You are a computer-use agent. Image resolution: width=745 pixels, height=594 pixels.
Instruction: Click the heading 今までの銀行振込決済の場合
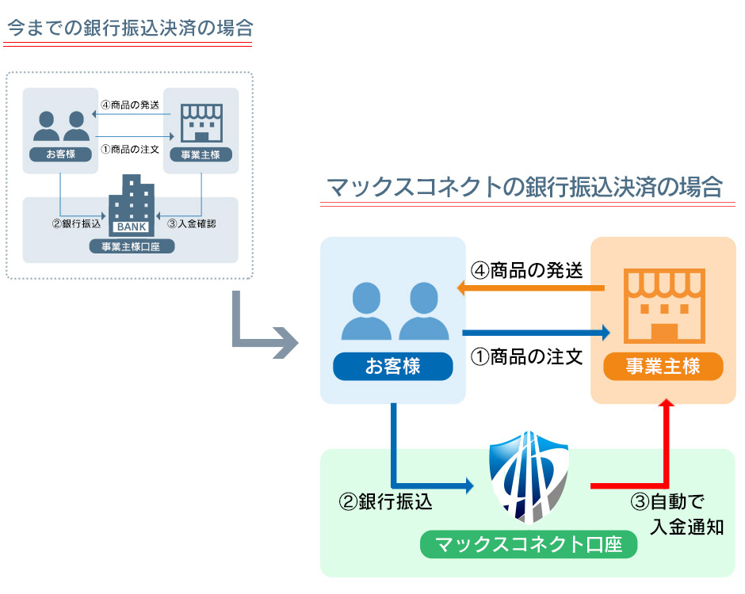(x=129, y=29)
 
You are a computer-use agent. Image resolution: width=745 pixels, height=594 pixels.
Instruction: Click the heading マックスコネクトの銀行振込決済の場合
(x=524, y=188)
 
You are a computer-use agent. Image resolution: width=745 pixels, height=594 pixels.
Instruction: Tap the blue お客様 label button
(x=392, y=367)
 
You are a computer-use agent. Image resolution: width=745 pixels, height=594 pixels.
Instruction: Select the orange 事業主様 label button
(x=663, y=367)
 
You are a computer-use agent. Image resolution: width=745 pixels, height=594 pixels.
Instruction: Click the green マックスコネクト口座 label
(x=529, y=545)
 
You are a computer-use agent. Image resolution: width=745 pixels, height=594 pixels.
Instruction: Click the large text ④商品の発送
(x=526, y=271)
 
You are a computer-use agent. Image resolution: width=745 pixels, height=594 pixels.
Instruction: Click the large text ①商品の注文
(x=526, y=356)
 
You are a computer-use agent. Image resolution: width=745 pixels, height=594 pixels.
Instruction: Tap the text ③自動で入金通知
(x=677, y=514)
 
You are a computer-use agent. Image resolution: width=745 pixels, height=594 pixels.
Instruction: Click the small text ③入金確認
(x=191, y=223)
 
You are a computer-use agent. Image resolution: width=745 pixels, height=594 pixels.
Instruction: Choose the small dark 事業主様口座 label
(x=131, y=246)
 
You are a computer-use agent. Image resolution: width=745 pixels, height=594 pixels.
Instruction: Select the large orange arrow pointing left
(x=531, y=291)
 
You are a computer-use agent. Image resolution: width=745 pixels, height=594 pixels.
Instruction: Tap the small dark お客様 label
(x=60, y=154)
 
